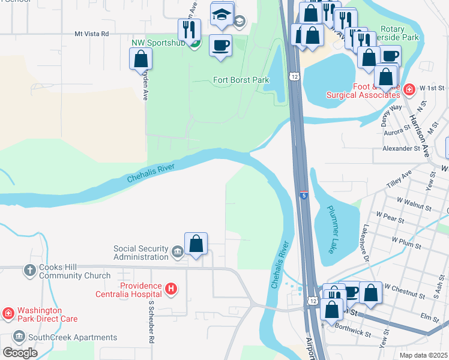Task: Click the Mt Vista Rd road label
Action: click(91, 34)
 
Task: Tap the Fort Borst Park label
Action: click(241, 80)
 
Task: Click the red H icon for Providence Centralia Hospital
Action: click(171, 290)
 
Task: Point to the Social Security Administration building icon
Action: click(177, 252)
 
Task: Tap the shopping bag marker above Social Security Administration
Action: click(196, 244)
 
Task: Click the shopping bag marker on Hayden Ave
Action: click(140, 59)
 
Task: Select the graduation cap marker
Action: click(221, 15)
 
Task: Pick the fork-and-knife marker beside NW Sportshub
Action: click(189, 29)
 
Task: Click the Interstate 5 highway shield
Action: click(304, 195)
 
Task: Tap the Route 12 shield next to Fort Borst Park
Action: click(293, 76)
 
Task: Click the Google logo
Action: click(20, 352)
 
